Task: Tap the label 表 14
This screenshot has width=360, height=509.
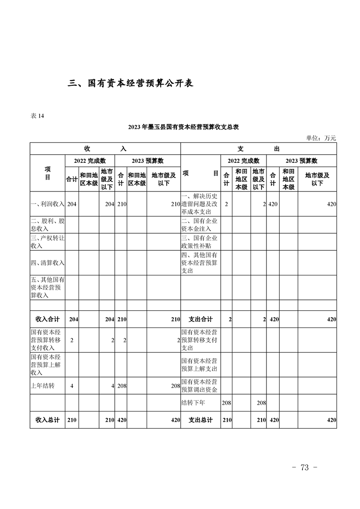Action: pyautogui.click(x=37, y=116)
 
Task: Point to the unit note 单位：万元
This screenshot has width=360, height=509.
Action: pyautogui.click(x=321, y=138)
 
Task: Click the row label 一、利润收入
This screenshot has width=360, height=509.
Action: pyautogui.click(x=48, y=205)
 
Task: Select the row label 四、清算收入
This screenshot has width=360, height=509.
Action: pyautogui.click(x=48, y=263)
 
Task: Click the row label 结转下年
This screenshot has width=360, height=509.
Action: pyautogui.click(x=193, y=402)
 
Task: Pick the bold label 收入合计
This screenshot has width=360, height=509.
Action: pyautogui.click(x=48, y=319)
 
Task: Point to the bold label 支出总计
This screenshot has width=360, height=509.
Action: pyautogui.click(x=201, y=420)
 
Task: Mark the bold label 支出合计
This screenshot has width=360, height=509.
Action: pyautogui.click(x=201, y=319)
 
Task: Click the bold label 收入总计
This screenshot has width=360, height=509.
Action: pyautogui.click(x=48, y=420)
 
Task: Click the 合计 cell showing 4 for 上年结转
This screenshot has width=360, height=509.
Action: pyautogui.click(x=72, y=386)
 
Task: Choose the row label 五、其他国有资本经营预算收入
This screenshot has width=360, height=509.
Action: pyautogui.click(x=48, y=287)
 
